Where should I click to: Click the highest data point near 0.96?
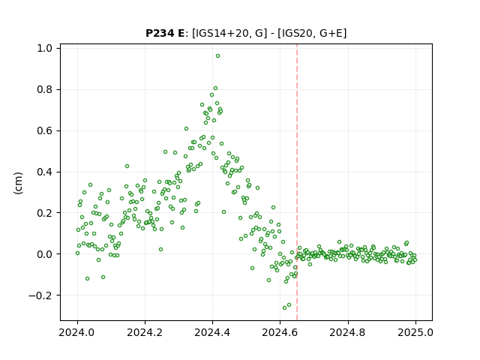[217, 56]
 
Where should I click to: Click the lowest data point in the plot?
[284, 307]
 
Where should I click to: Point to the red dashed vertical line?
[297, 182]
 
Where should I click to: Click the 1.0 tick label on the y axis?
[44, 48]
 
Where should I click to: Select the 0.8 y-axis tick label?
[44, 90]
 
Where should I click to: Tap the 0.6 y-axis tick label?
[44, 130]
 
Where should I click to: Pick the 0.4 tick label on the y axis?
[44, 172]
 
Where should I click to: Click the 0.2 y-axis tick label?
[44, 213]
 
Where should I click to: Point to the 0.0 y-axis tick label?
[44, 254]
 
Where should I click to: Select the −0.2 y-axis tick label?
[40, 295]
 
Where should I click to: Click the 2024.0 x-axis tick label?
[77, 332]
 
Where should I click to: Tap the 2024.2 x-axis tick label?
[145, 332]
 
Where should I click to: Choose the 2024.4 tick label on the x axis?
[212, 332]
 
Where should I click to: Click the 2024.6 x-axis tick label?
[280, 332]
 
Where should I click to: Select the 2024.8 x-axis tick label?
[348, 332]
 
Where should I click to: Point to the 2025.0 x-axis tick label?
[415, 332]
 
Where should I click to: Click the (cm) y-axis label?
[18, 183]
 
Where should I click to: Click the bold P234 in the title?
[160, 33]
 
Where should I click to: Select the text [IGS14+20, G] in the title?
[227, 33]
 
